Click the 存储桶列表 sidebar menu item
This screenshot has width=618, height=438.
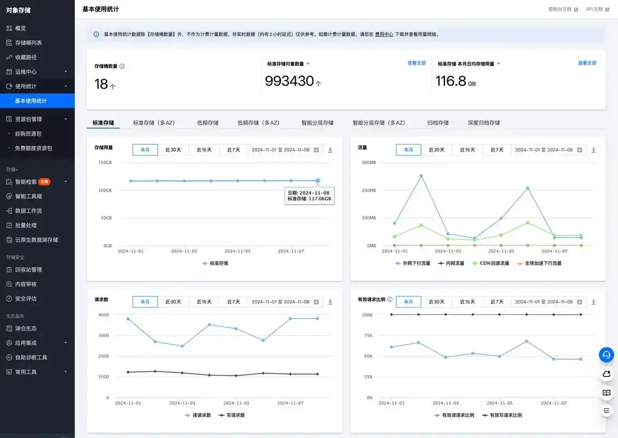point(28,43)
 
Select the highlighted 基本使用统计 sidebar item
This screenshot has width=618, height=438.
point(31,101)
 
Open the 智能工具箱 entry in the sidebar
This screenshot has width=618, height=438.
point(28,196)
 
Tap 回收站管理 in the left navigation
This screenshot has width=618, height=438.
point(28,270)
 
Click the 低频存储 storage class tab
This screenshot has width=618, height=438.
point(207,123)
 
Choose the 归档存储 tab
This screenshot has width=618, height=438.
point(438,123)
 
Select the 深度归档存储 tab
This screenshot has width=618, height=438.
point(483,123)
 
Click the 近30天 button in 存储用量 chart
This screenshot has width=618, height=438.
point(173,150)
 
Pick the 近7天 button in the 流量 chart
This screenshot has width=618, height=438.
point(497,150)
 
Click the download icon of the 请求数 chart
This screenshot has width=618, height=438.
point(330,302)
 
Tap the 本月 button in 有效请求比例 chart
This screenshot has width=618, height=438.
point(408,302)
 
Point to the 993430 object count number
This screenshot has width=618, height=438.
point(289,81)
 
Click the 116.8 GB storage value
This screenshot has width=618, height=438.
point(455,81)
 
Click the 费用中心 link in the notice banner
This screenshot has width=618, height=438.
point(384,34)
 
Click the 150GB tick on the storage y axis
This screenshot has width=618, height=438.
point(105,163)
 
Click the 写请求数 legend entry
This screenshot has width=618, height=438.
point(232,415)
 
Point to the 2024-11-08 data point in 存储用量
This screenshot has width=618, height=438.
point(317,181)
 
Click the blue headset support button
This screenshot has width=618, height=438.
point(606,354)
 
